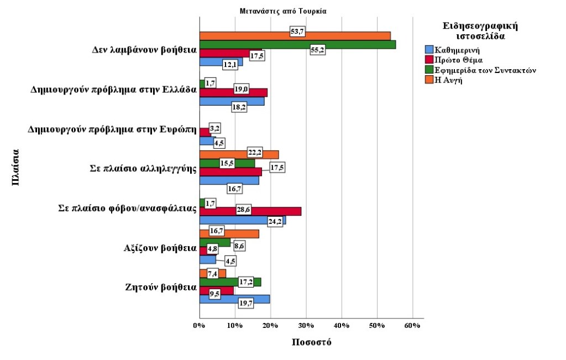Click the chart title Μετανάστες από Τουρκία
(284, 11)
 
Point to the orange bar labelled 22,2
(221, 154)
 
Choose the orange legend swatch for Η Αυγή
(429, 80)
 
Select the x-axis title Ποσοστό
(311, 342)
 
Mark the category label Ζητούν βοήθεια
(161, 288)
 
